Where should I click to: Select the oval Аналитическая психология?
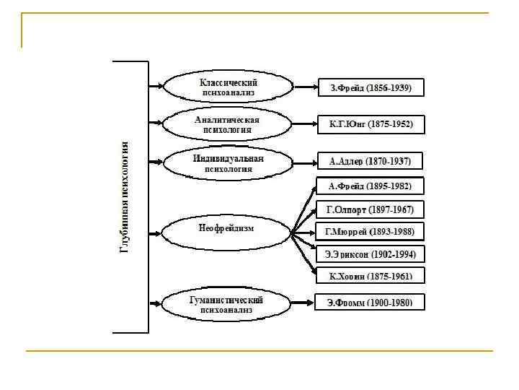coord(228,124)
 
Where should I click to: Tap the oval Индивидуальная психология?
coord(228,162)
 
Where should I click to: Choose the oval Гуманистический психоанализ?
coord(226,304)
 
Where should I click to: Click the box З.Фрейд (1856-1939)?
coord(371,87)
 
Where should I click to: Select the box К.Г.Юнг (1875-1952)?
coord(371,124)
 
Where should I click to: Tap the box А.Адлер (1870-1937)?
coord(369,160)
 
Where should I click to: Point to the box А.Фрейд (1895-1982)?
coord(370,186)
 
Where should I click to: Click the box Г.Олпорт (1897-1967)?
coord(370,210)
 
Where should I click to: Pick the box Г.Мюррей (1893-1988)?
coord(370,232)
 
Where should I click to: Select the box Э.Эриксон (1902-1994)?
coord(370,254)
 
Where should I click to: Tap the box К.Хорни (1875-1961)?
coord(370,276)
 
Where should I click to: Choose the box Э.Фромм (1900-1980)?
coord(370,303)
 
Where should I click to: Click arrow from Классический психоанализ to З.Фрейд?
coord(305,88)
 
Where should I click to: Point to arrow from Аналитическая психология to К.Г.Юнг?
coord(305,124)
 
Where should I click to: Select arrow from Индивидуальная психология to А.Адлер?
coord(305,161)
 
